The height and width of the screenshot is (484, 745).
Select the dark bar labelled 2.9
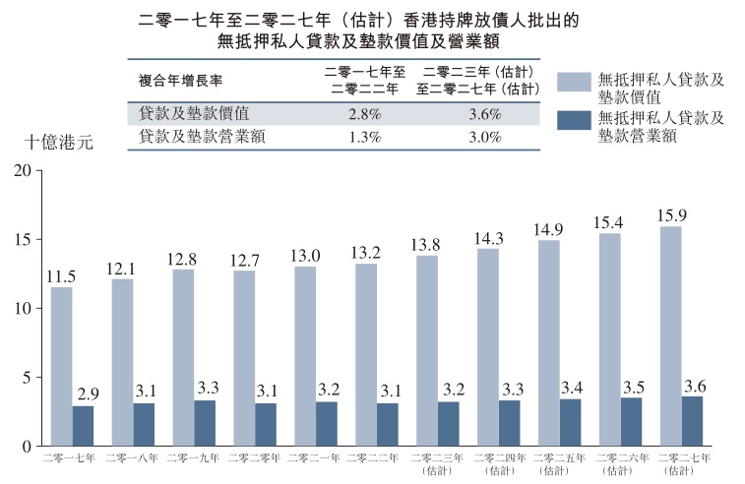tap(83, 425)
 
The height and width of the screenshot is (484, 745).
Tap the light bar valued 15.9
tap(670, 335)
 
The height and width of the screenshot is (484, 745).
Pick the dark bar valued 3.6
tap(692, 421)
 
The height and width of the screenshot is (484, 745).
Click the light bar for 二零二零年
tap(244, 358)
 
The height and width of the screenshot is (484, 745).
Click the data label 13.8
tap(427, 244)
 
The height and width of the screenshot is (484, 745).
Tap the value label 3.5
tap(631, 385)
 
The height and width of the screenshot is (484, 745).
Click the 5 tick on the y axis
tap(31, 377)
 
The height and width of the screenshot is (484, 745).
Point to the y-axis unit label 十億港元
tap(58, 142)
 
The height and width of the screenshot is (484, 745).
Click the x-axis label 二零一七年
tap(72, 459)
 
